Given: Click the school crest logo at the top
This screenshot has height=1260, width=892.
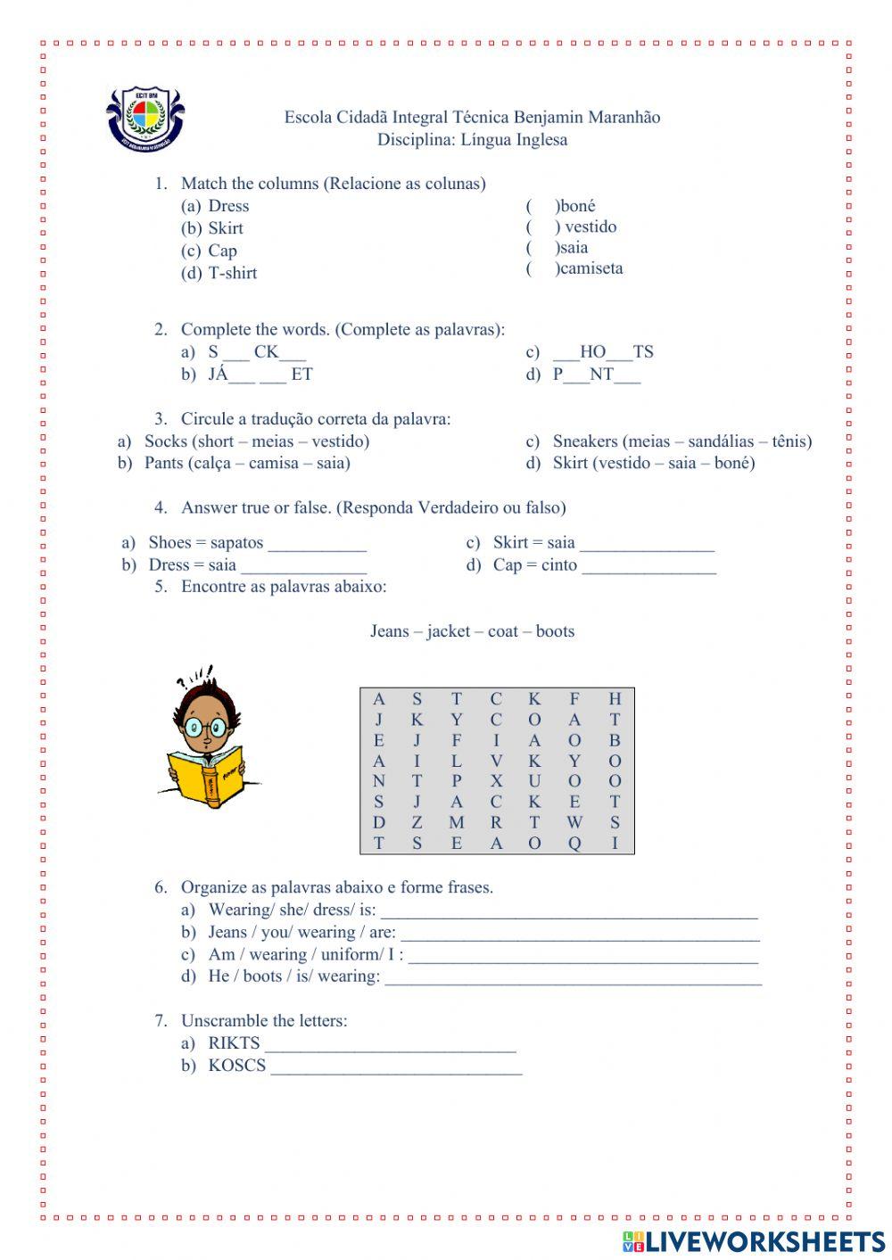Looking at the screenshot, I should (145, 117).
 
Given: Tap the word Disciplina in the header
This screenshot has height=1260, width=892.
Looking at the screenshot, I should (415, 139).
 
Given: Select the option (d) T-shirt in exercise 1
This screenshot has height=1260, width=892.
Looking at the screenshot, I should (219, 273).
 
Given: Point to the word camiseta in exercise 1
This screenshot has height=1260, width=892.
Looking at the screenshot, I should (591, 268).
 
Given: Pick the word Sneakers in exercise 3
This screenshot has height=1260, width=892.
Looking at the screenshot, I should (585, 441).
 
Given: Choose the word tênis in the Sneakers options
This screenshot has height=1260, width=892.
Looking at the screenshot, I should (789, 441).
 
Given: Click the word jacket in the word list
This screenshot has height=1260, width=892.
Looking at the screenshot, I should (448, 631).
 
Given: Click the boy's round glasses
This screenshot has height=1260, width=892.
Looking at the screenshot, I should (206, 729).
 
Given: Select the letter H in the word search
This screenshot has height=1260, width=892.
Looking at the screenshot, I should (615, 699).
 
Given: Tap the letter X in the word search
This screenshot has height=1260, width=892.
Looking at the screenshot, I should (496, 781).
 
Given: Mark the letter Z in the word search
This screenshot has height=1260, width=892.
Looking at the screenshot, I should (417, 822).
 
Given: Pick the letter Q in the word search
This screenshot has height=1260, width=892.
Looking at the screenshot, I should (574, 844).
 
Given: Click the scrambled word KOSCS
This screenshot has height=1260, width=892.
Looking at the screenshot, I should (236, 1066).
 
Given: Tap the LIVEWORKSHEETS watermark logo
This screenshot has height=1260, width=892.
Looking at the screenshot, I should (754, 1242).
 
